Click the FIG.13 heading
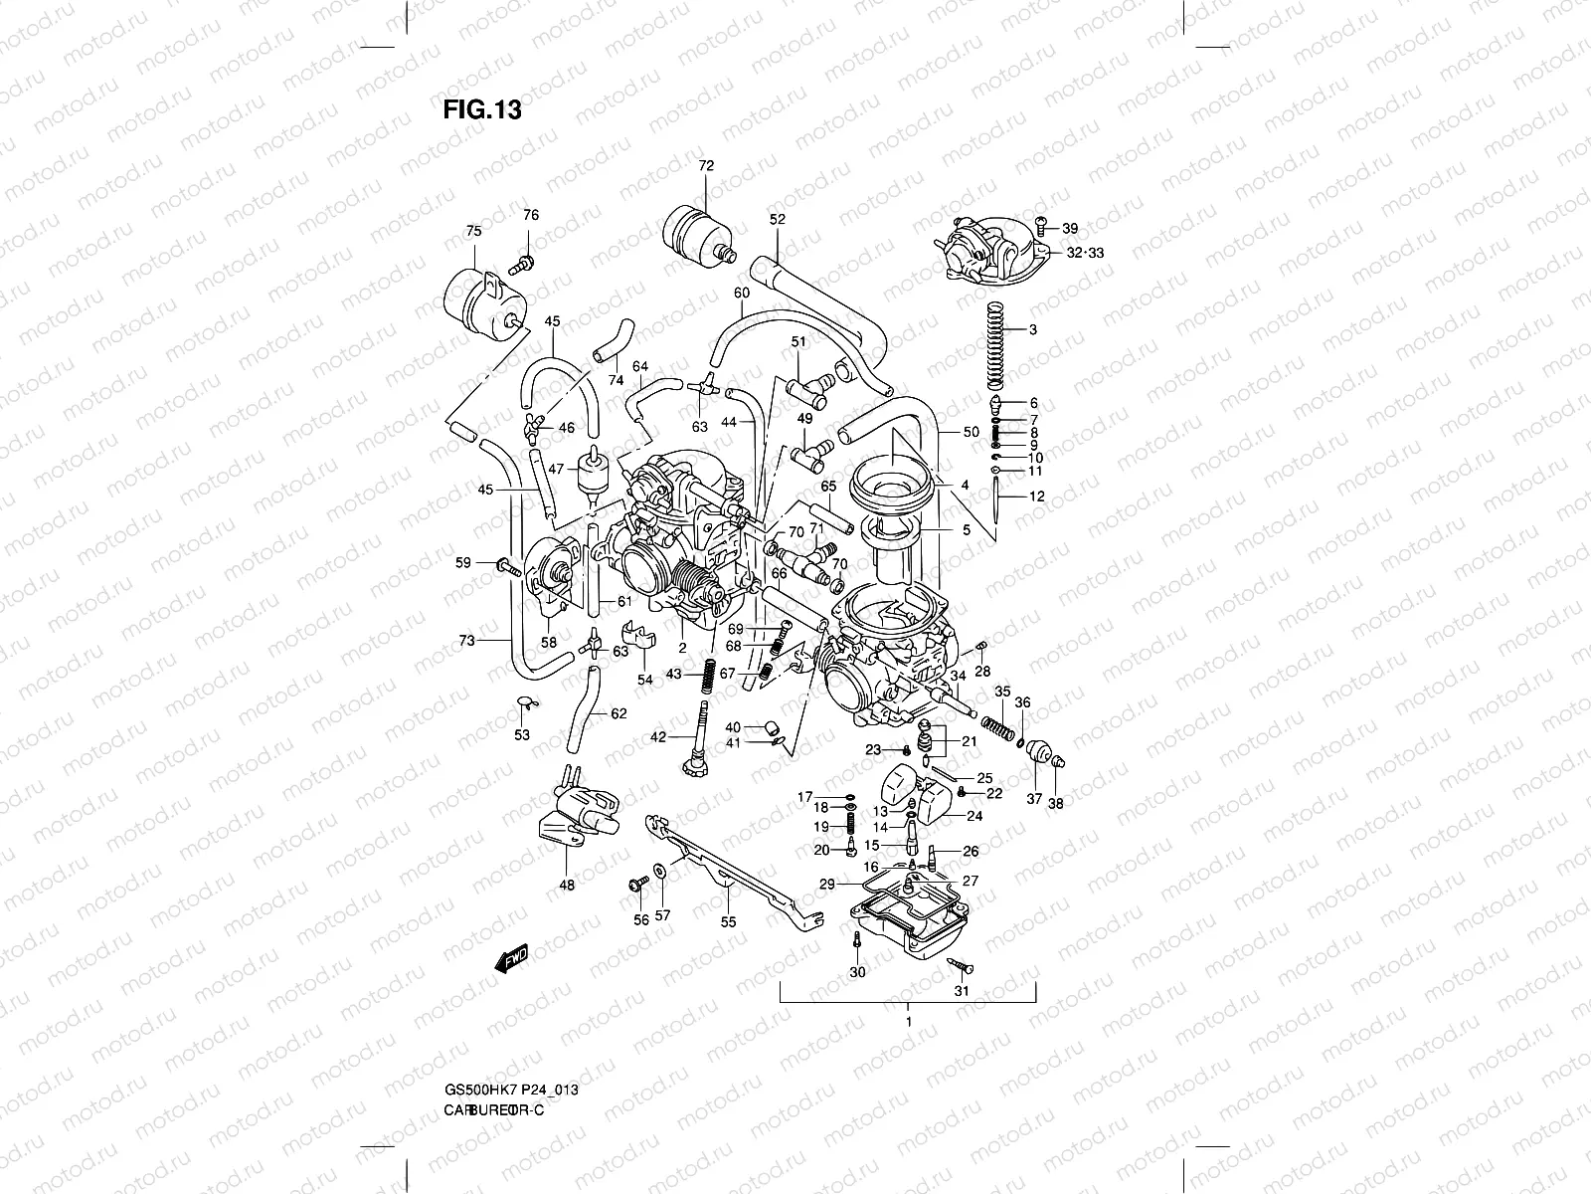[482, 108]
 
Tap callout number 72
[706, 166]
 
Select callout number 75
[473, 231]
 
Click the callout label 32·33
[1085, 253]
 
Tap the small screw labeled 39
[1040, 228]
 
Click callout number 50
[972, 432]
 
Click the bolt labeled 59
[508, 567]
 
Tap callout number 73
[467, 641]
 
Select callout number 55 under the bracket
[729, 922]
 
